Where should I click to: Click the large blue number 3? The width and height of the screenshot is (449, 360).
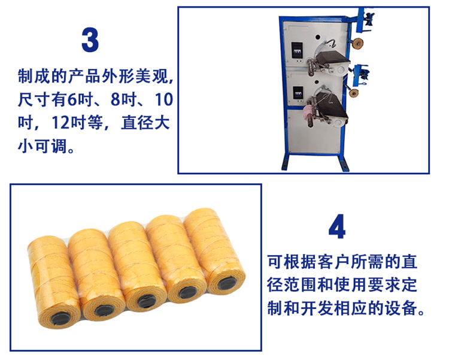click(90, 40)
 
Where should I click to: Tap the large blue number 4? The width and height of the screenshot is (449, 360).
click(337, 226)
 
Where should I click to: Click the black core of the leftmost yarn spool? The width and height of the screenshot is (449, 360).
click(60, 319)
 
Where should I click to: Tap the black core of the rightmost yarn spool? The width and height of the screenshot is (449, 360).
click(227, 283)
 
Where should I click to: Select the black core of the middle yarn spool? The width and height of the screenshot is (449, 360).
click(146, 301)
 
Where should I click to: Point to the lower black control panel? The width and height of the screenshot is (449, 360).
click(298, 95)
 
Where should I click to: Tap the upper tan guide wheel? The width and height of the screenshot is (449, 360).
click(357, 43)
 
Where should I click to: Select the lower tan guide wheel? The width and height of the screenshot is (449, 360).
click(354, 93)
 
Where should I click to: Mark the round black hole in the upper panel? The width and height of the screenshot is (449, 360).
click(318, 37)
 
